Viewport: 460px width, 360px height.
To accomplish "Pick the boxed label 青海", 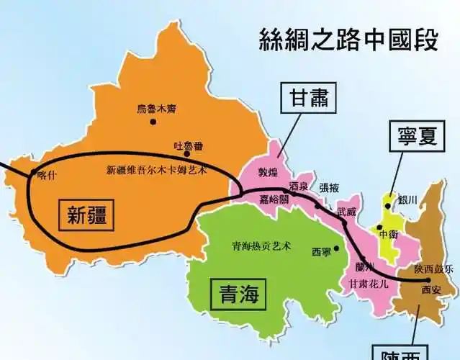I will point(237,294).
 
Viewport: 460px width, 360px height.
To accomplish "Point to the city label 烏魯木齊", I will point(156,109).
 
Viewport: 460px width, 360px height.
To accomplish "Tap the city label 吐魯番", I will point(188,145).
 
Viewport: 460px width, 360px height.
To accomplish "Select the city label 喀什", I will point(45,173).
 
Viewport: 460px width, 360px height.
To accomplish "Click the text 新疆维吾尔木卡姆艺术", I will point(156,170).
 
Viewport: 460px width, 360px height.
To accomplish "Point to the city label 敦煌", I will point(269,173).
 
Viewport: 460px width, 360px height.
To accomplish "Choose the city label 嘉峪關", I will point(274,200).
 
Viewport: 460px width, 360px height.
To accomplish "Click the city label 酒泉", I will point(298,186).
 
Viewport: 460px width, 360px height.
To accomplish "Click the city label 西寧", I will point(322,253).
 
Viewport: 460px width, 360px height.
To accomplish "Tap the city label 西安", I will point(430,289).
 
